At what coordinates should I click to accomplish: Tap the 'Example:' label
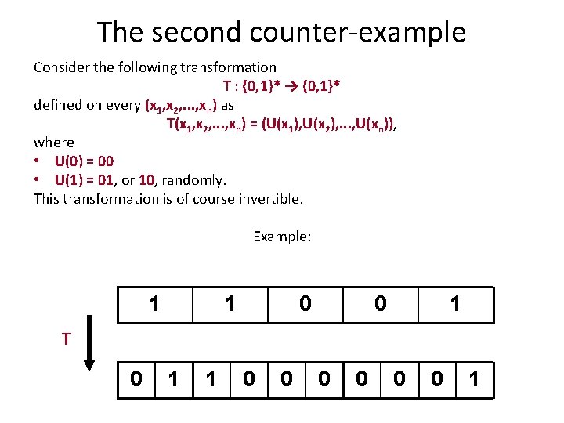tap(282, 236)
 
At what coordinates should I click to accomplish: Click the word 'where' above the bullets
tap(54, 143)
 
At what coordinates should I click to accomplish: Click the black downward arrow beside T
tap(90, 342)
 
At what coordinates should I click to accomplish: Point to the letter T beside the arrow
tap(68, 338)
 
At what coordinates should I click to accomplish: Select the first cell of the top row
tap(155, 304)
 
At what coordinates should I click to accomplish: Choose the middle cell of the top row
tap(305, 304)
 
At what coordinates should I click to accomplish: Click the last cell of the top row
tap(455, 304)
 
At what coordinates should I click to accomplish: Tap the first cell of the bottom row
tap(136, 380)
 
